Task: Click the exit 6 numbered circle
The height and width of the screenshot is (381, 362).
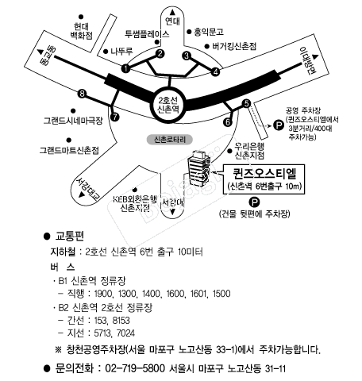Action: pyautogui.click(x=228, y=122)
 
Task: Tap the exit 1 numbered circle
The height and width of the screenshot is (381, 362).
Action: pyautogui.click(x=125, y=68)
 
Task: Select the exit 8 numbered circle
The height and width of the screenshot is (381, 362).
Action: pyautogui.click(x=82, y=94)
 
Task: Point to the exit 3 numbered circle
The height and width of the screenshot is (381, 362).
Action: pyautogui.click(x=187, y=56)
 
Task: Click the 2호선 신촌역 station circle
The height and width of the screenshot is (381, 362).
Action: pyautogui.click(x=168, y=105)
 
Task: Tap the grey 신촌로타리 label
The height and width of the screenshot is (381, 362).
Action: pyautogui.click(x=170, y=140)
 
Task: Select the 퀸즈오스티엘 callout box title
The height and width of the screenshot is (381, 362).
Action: pyautogui.click(x=264, y=173)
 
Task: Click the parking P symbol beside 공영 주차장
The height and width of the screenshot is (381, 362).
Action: pyautogui.click(x=279, y=125)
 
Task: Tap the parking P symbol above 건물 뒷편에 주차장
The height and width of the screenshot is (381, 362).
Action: pyautogui.click(x=254, y=202)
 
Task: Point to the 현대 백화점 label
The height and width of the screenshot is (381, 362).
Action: pyautogui.click(x=82, y=31)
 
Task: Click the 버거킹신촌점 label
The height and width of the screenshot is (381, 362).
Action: pyautogui.click(x=234, y=46)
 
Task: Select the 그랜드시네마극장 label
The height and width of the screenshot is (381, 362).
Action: pyautogui.click(x=73, y=121)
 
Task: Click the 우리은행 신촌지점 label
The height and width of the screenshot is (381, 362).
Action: pyautogui.click(x=249, y=151)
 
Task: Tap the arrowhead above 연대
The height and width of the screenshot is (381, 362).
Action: pyautogui.click(x=172, y=12)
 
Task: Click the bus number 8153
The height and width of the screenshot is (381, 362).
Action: pyautogui.click(x=121, y=321)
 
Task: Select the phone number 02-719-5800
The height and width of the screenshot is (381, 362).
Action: pyautogui.click(x=135, y=368)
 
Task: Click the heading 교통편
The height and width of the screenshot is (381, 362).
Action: pyautogui.click(x=70, y=236)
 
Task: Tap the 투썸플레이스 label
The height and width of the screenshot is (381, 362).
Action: pyautogui.click(x=147, y=34)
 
